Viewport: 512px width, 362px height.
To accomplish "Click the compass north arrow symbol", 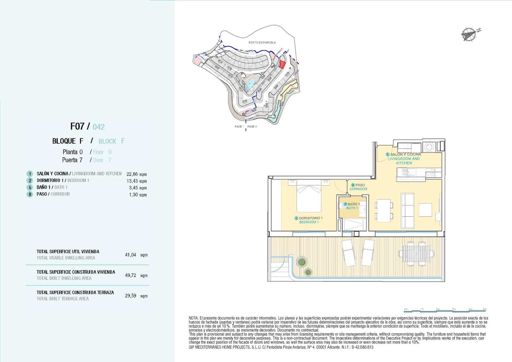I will click(x=469, y=34).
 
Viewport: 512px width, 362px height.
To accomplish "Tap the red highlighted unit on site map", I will click(x=282, y=64).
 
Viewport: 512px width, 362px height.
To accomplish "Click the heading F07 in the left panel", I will click(x=77, y=126).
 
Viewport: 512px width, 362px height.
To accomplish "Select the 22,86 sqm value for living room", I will click(x=137, y=174).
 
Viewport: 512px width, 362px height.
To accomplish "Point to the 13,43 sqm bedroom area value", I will click(x=137, y=181).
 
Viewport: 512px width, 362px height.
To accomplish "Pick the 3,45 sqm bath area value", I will click(x=138, y=188).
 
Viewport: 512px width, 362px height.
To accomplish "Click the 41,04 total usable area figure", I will click(x=131, y=255).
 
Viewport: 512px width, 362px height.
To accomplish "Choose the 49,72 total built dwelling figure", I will click(x=131, y=275).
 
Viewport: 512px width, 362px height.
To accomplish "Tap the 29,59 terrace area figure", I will click(x=131, y=296).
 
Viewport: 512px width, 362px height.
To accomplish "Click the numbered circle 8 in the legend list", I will click(x=30, y=194).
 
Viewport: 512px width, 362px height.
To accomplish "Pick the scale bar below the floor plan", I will click(x=445, y=310).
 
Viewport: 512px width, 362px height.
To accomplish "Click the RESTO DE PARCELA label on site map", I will click(x=262, y=42).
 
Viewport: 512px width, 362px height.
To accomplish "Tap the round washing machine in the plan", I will click(x=428, y=147).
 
